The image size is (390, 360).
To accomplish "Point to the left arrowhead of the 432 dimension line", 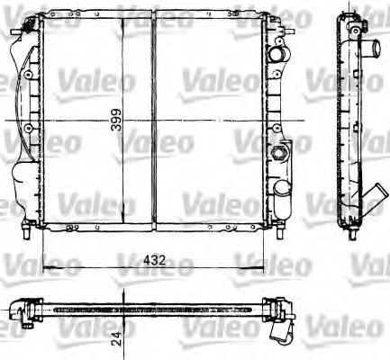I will click(x=47, y=267).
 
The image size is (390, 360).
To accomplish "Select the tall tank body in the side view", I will click(x=349, y=117).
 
